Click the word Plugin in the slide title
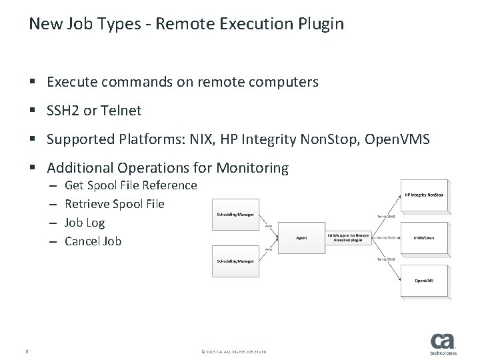(x=322, y=25)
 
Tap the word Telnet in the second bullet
(x=122, y=111)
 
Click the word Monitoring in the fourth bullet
(x=253, y=169)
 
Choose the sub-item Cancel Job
(x=93, y=241)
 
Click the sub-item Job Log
(x=85, y=223)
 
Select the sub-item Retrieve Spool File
(x=114, y=204)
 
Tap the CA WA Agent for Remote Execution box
(x=348, y=237)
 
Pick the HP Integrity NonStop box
(x=425, y=195)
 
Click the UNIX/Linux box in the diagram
(x=425, y=237)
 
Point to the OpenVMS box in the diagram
(x=425, y=280)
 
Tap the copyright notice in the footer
(x=233, y=351)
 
